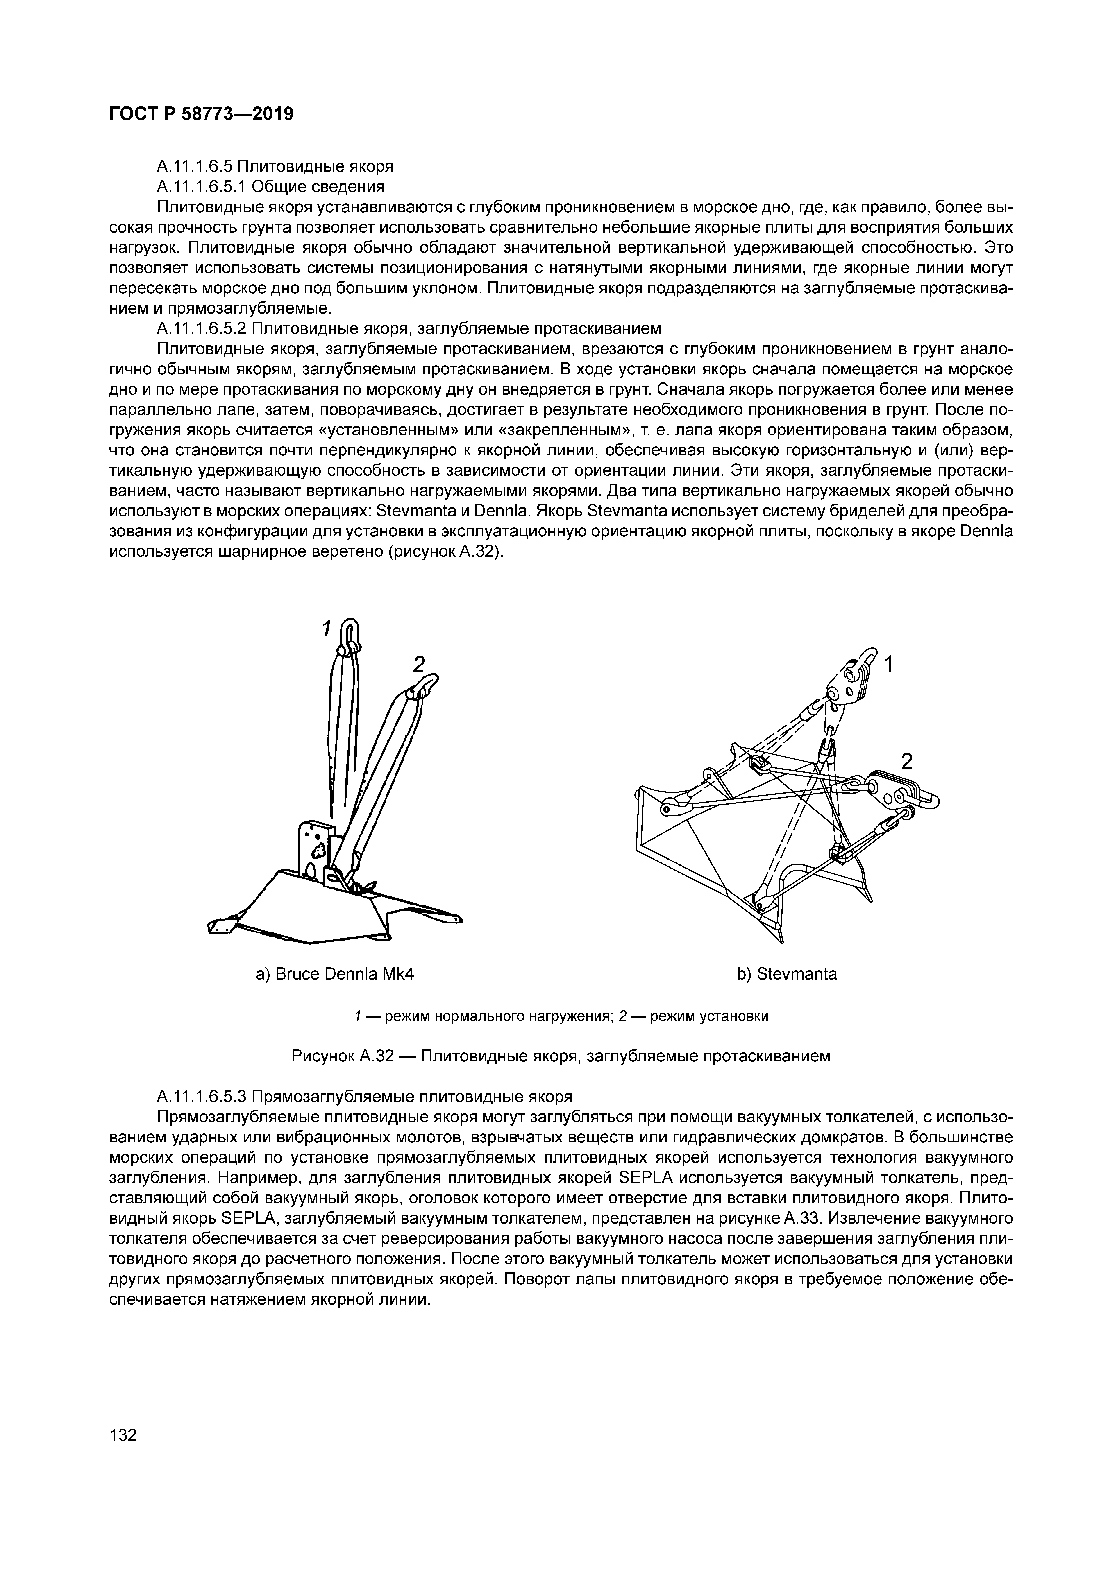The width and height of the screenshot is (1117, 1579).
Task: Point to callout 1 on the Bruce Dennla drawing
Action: pos(327,629)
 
